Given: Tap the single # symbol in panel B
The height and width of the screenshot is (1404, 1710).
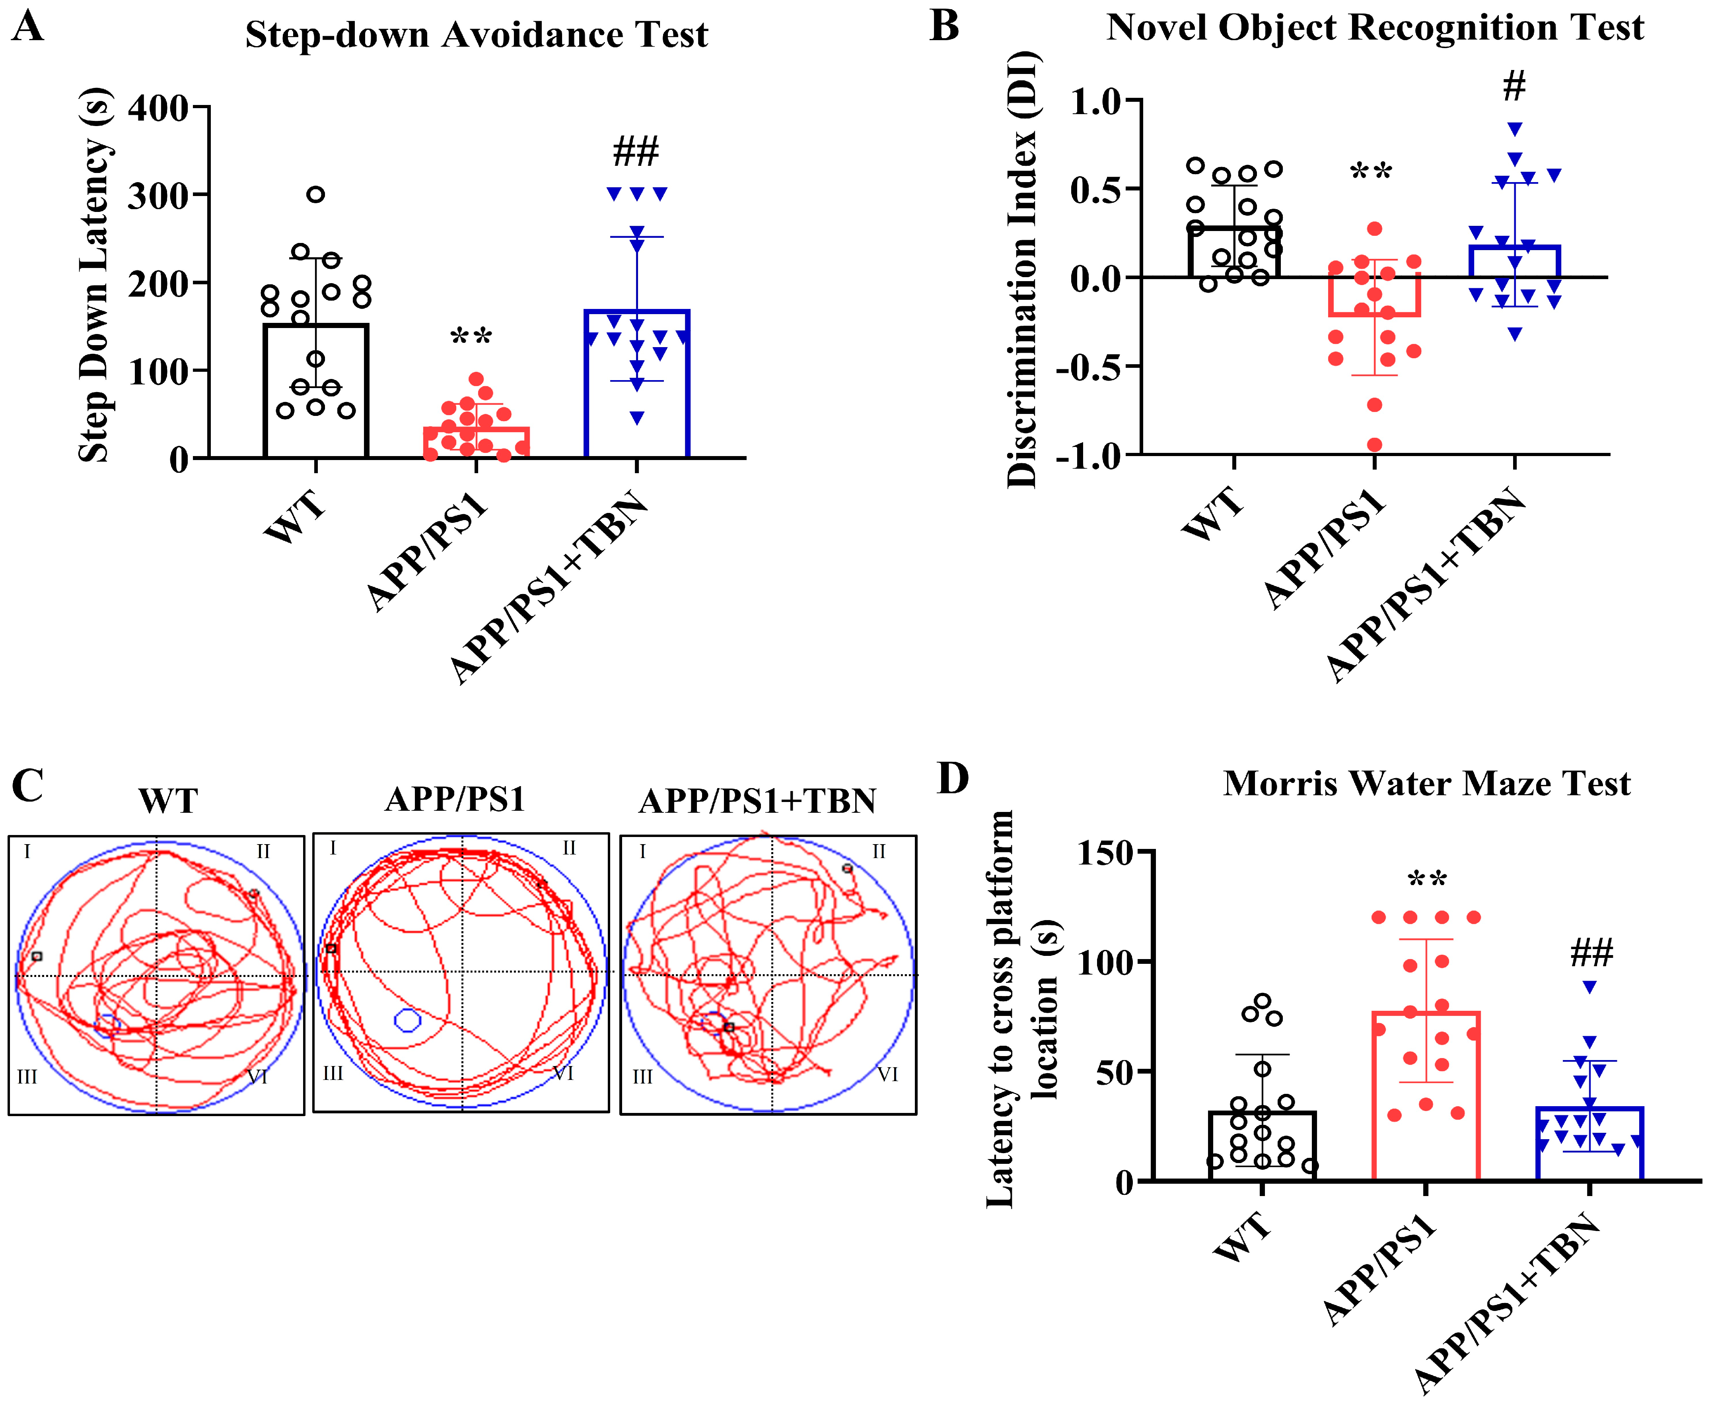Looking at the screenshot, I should click(x=1514, y=86).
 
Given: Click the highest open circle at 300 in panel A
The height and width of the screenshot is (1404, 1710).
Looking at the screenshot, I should click(x=315, y=194).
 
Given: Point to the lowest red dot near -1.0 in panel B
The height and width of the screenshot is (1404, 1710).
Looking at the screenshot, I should click(x=1374, y=444).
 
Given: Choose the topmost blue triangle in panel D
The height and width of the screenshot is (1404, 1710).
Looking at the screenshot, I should click(x=1589, y=986).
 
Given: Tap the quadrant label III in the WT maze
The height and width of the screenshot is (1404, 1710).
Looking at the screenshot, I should click(x=27, y=1076).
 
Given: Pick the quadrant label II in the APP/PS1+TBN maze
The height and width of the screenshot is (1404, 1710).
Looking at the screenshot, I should click(x=878, y=851).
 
